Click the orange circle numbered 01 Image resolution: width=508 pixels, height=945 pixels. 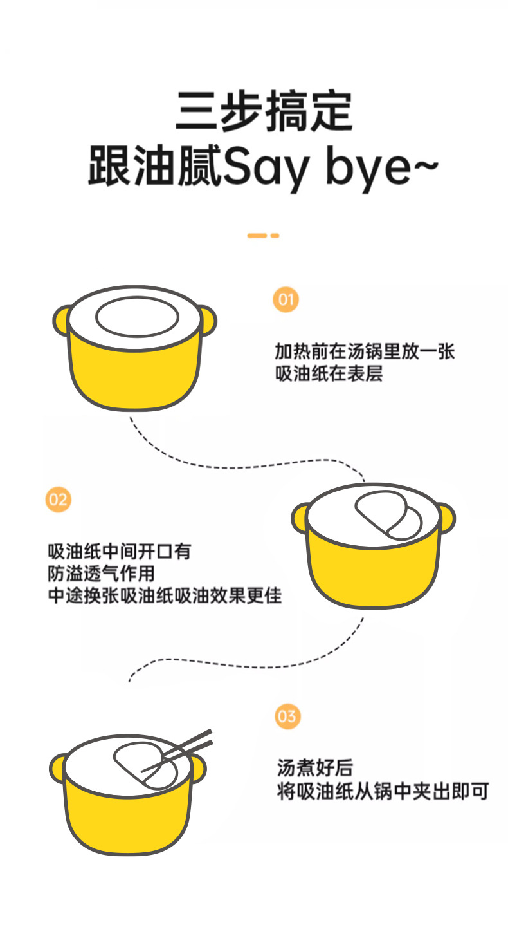point(286,300)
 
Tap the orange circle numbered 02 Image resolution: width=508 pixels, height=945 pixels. point(59,500)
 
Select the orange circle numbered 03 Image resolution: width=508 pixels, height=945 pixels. point(287,716)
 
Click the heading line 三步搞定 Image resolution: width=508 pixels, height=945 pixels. point(264,111)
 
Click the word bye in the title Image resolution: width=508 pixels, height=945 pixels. point(367,169)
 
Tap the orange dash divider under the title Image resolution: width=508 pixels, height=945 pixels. point(263,236)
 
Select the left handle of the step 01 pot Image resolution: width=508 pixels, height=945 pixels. point(61,321)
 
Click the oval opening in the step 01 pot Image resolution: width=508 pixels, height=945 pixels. point(137,317)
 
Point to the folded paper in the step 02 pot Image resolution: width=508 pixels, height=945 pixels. point(388,515)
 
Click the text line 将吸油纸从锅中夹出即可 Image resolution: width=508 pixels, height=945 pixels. point(383,791)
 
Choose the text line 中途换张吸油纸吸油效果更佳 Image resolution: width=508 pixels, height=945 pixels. point(165,595)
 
